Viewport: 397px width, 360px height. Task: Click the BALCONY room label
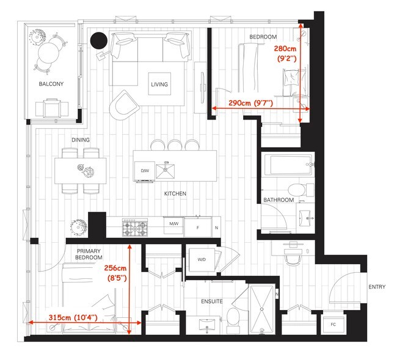coord(51,84)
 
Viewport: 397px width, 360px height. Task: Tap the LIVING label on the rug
coord(159,84)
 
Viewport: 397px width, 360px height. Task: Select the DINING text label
coord(80,140)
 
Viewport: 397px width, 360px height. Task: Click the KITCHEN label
coord(175,193)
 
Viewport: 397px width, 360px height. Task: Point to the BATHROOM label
coord(279,200)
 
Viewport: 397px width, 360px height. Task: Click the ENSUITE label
coord(211,301)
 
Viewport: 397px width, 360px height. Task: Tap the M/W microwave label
coord(173,225)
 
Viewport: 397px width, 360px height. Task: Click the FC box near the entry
coord(333,324)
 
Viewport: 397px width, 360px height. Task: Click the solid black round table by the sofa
coord(98,41)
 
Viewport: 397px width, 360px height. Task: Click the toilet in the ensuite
coord(233,318)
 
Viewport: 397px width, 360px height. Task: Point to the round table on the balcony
coord(47,54)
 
